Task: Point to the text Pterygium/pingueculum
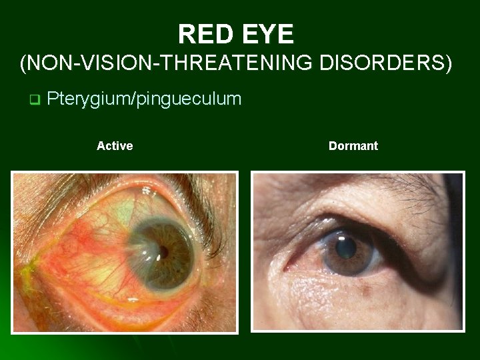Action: pyautogui.click(x=144, y=99)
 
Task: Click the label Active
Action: pyautogui.click(x=115, y=145)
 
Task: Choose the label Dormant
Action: pyautogui.click(x=353, y=145)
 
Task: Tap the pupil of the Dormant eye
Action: pyautogui.click(x=345, y=249)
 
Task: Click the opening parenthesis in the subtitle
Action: pyautogui.click(x=25, y=64)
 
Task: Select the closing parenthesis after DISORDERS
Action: pyautogui.click(x=449, y=64)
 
